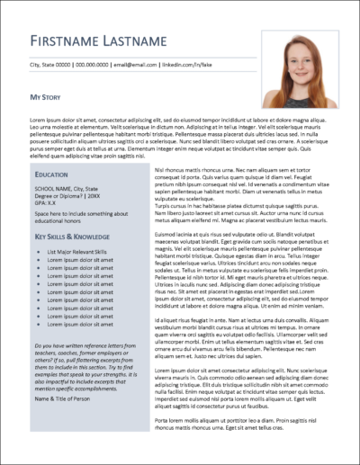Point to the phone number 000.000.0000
pos(100,66)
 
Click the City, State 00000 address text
pos(51,66)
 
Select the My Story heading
pos(48,95)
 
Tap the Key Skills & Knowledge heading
pos(74,237)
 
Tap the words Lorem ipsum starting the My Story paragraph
pos(46,120)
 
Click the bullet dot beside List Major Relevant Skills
pos(39,253)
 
